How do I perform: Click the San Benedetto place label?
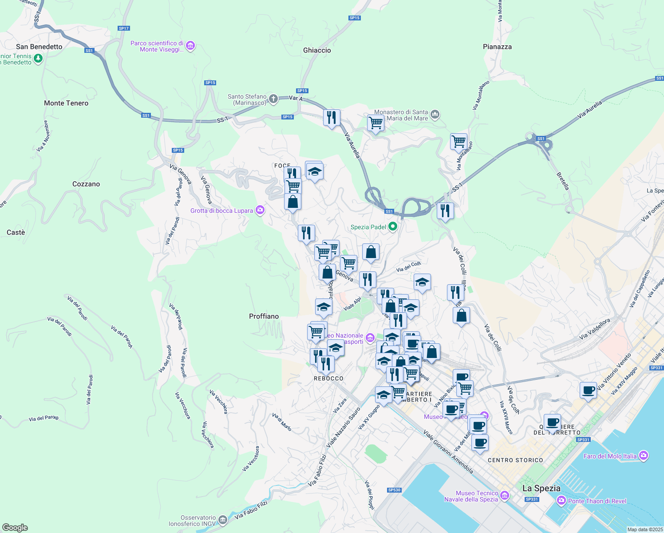pyautogui.click(x=39, y=47)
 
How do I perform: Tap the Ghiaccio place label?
pyautogui.click(x=317, y=50)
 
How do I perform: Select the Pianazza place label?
pyautogui.click(x=497, y=47)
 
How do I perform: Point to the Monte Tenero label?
pyautogui.click(x=66, y=103)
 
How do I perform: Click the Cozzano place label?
pyautogui.click(x=86, y=184)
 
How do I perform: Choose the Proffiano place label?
pyautogui.click(x=264, y=316)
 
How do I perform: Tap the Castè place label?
pyautogui.click(x=16, y=232)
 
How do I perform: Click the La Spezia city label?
pyautogui.click(x=541, y=488)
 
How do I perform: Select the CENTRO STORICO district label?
pyautogui.click(x=515, y=460)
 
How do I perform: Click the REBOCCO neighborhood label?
pyautogui.click(x=328, y=378)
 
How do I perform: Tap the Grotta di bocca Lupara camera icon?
pyautogui.click(x=260, y=211)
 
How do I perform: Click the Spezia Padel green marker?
pyautogui.click(x=392, y=227)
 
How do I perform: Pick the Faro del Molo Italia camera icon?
pyautogui.click(x=644, y=456)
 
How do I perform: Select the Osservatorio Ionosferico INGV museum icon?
pyautogui.click(x=223, y=520)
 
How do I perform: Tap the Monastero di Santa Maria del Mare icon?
pyautogui.click(x=435, y=115)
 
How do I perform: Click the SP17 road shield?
pyautogui.click(x=124, y=28)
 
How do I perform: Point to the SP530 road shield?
pyautogui.click(x=394, y=490)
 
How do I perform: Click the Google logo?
pyautogui.click(x=15, y=528)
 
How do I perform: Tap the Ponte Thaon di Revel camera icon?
pyautogui.click(x=561, y=501)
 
